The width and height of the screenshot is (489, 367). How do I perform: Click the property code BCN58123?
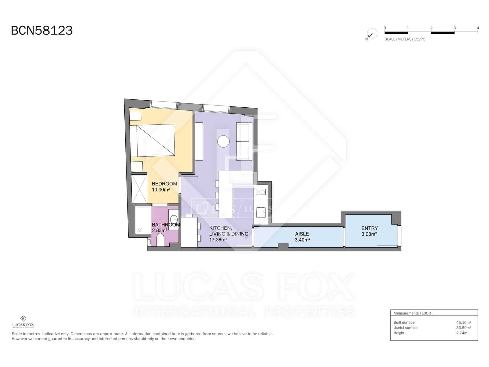(42, 31)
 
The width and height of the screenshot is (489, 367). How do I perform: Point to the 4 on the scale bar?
(478, 28)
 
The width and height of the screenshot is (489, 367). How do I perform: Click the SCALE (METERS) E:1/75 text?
(405, 39)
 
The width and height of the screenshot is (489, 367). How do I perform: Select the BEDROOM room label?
(164, 183)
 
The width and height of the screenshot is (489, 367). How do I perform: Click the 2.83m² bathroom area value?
(159, 230)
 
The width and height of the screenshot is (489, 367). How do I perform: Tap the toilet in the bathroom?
(160, 239)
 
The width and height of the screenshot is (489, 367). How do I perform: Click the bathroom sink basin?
(174, 219)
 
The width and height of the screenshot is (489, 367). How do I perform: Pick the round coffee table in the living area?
(223, 141)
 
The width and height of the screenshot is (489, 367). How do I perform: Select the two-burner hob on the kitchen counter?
(261, 192)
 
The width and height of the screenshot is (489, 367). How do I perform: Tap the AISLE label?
(302, 234)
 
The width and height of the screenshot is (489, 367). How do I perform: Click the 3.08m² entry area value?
(369, 234)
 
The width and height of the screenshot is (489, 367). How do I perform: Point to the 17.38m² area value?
(218, 240)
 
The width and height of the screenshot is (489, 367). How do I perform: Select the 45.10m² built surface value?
(463, 322)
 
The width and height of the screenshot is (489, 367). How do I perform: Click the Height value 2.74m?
(461, 333)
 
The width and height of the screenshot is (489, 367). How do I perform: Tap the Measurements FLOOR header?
(412, 313)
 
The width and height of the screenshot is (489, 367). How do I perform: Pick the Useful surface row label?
(405, 328)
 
